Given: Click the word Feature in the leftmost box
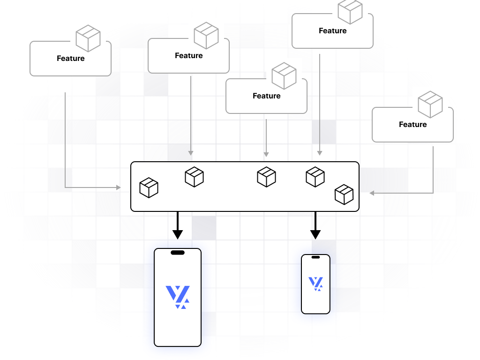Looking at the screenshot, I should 71,59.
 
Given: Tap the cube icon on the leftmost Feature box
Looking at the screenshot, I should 88,38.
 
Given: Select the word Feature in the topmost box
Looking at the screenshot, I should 332,31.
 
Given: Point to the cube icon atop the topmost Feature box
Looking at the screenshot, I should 350,11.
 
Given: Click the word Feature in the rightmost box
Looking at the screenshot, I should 412,125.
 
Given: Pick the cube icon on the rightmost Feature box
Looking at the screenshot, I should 430,105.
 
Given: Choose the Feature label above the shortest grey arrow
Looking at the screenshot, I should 266,96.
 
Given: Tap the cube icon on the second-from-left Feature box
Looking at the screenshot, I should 206,36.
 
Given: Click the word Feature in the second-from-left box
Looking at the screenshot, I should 189,56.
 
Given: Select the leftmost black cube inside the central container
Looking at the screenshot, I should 149,187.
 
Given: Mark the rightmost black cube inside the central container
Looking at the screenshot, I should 344,195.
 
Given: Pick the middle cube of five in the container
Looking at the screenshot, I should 266,177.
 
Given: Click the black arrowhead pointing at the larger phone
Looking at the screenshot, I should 177,234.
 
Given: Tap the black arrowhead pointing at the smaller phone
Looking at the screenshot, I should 315,234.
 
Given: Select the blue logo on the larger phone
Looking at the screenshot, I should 178,297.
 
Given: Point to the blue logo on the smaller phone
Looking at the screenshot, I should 315,284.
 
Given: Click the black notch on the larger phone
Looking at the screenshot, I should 178,253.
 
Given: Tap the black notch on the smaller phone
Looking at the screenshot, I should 315,257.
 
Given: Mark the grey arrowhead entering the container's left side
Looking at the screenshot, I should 119,187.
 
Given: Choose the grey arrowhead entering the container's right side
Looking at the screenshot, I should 372,193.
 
